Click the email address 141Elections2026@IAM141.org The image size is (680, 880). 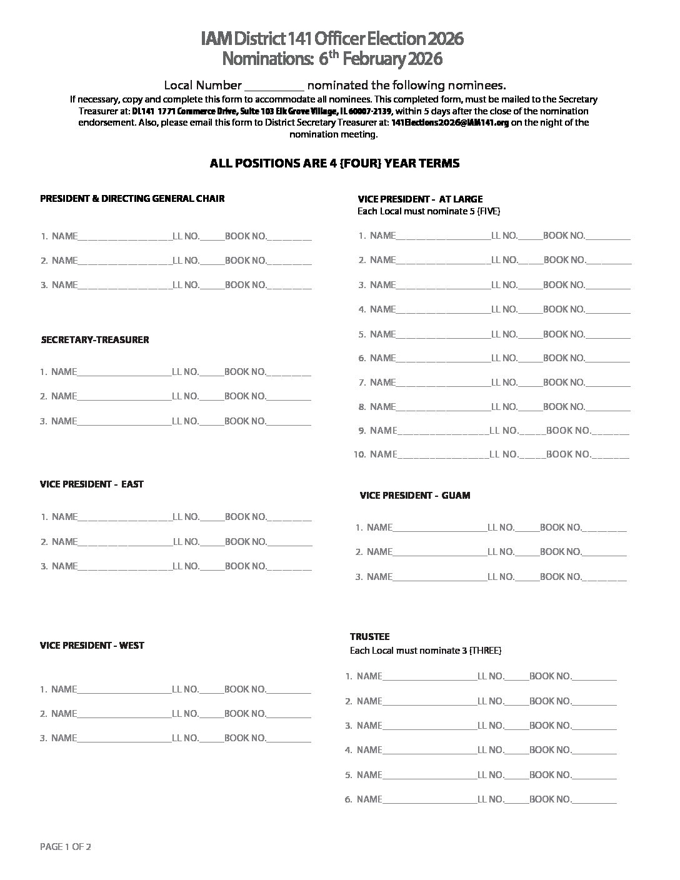(x=451, y=122)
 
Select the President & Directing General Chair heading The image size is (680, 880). (x=132, y=199)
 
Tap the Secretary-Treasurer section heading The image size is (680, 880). (x=95, y=340)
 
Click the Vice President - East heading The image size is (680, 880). (x=92, y=484)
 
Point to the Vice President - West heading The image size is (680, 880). (x=92, y=646)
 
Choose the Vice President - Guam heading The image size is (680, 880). (x=415, y=496)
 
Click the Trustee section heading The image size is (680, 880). (x=370, y=636)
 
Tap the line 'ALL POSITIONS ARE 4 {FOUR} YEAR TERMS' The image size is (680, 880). (x=334, y=164)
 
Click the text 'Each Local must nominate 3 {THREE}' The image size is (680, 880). (x=426, y=651)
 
